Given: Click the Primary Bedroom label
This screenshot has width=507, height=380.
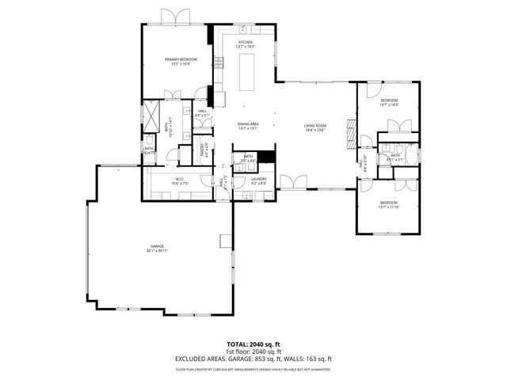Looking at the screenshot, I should pos(181,62).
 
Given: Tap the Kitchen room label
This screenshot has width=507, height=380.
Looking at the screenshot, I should pos(246,44).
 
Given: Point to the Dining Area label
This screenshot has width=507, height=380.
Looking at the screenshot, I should pos(249,126).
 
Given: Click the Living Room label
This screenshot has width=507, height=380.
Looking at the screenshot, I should pos(315,127).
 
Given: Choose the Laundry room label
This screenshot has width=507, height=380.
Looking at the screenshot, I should pos(258,181).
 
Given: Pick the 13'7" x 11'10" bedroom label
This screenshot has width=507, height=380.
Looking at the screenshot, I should pos(388,205).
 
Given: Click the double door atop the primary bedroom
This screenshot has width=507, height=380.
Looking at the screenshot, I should pos(173,17).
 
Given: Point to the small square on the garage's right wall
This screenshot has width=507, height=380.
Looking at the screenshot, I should pos(225,241).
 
